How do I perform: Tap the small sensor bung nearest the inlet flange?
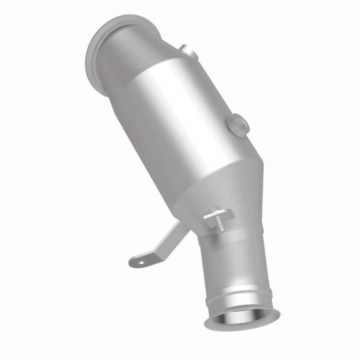pos(188,51)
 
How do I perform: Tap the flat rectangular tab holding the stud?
pos(220,216)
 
